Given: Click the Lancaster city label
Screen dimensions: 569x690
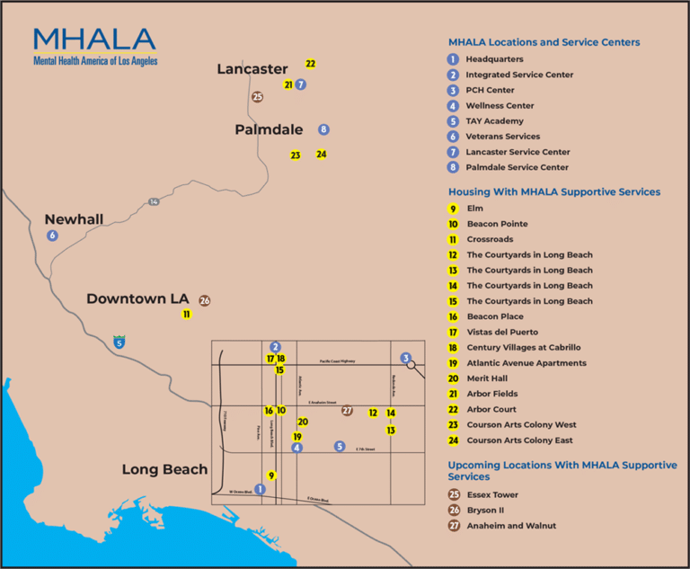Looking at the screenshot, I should pos(252,69).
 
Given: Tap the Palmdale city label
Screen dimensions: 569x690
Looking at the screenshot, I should pos(269,130).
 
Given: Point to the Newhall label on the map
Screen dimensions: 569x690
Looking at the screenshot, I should pos(74,219).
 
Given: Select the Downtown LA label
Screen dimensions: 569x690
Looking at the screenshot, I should pos(137,298).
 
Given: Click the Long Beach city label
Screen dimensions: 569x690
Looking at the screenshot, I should pos(164,469).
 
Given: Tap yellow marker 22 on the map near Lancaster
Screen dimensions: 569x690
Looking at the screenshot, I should pos(310,64).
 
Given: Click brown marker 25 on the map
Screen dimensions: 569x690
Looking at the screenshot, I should pos(258,97).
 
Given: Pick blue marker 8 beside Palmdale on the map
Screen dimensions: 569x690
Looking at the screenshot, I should pos(323,129).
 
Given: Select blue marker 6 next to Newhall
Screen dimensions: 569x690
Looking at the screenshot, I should pos(52,236).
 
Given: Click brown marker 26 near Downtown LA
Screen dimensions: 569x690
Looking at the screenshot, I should pos(205,300).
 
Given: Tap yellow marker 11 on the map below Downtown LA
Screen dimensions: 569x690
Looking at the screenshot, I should pos(186,315).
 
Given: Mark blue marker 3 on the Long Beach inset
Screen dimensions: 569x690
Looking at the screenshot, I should pos(406,358).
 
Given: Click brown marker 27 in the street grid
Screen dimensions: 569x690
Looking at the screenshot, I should pos(348,411).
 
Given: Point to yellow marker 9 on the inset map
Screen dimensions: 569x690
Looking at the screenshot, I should pos(271,476).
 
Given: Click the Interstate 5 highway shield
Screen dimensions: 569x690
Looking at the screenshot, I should pos(119,342).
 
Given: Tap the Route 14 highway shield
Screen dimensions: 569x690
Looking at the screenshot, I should pos(154,201).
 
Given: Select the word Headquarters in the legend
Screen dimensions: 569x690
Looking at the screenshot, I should pos(494,59).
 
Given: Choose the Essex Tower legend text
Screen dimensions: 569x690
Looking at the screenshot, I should pos(491,495).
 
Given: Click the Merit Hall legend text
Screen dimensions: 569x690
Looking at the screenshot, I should pos(487,378).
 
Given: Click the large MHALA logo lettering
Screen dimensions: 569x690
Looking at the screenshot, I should pos(94,40).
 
